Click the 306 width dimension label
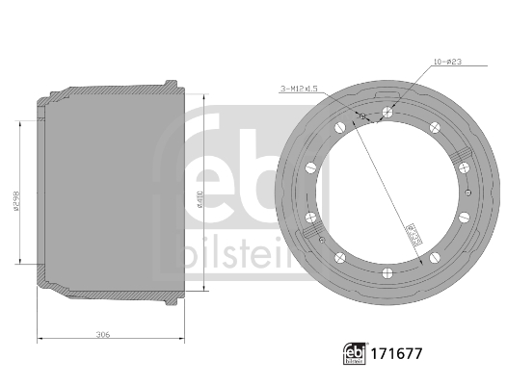pos(104,334)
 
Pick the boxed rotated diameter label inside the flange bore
pos(410,231)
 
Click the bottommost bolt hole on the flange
pos(386,270)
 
